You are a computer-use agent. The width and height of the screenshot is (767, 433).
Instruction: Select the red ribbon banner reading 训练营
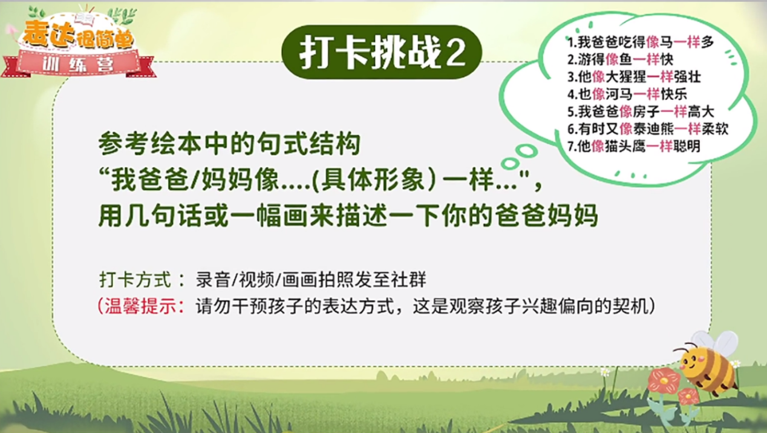click(x=79, y=64)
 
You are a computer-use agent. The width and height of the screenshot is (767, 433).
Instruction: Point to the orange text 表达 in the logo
click(x=50, y=34)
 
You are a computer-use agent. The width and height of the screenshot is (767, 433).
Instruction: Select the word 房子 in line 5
click(x=647, y=111)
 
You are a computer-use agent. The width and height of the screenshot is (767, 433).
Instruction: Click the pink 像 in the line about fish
click(x=612, y=60)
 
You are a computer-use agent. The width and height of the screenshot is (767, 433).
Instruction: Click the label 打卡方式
click(x=135, y=280)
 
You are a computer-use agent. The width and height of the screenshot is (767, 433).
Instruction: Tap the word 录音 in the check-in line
click(x=213, y=280)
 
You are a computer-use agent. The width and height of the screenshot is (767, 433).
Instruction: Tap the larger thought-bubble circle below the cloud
click(x=526, y=151)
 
